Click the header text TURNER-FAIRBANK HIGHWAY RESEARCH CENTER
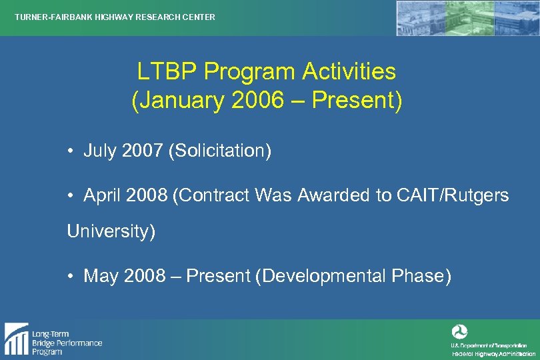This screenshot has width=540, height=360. coord(115,17)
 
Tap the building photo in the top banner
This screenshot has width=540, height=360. coord(466,18)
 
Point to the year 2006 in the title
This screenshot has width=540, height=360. coord(252,101)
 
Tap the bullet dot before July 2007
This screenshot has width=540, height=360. coord(70,151)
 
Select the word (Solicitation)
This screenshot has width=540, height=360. coord(220,151)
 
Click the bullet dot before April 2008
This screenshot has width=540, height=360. coord(70,196)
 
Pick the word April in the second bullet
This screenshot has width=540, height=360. coord(101,196)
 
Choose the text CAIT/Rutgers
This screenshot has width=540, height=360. coord(454,196)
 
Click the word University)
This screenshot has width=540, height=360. coord(111,232)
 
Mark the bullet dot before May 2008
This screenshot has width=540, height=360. coord(70,276)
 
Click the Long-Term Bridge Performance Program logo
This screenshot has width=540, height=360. coord(53,339)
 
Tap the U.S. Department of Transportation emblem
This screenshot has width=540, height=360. coord(460,331)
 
